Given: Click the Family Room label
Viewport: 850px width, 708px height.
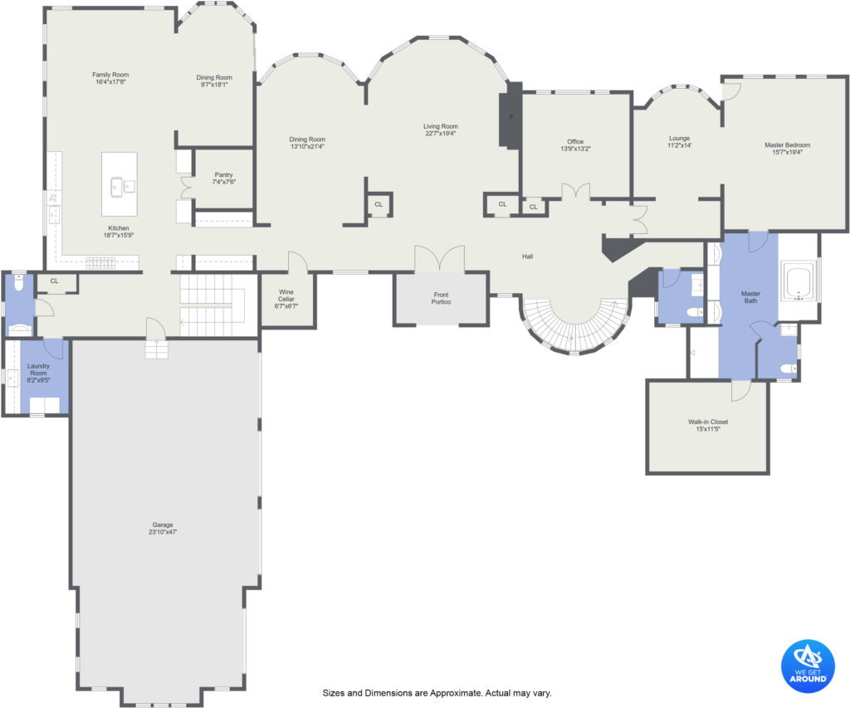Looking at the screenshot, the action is [110, 78].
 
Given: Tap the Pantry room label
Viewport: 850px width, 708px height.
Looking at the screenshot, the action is [224, 178].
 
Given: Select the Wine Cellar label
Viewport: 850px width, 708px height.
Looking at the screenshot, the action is [286, 299].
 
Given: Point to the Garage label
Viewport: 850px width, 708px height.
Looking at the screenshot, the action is [163, 529].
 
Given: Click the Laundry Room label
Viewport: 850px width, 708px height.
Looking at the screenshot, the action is [38, 373].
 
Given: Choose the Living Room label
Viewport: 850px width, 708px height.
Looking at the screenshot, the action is [441, 129].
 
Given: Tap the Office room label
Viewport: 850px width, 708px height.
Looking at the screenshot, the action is [576, 144].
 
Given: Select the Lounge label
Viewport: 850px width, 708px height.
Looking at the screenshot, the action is [679, 141].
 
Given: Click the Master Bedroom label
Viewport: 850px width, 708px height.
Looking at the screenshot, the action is [788, 149].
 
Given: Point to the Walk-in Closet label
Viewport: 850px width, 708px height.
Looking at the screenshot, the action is [709, 425].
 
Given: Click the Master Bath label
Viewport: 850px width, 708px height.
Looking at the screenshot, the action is [750, 297].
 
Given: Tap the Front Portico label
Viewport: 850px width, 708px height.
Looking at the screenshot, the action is [442, 298].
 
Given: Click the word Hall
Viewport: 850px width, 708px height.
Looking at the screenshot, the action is [527, 256].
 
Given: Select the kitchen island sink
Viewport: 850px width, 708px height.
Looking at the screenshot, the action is [123, 187].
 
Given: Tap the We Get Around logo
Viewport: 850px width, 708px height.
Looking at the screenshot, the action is [808, 666].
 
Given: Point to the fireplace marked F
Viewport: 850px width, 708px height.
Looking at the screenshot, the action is [510, 115].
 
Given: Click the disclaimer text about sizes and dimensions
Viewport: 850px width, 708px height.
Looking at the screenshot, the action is [437, 693].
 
